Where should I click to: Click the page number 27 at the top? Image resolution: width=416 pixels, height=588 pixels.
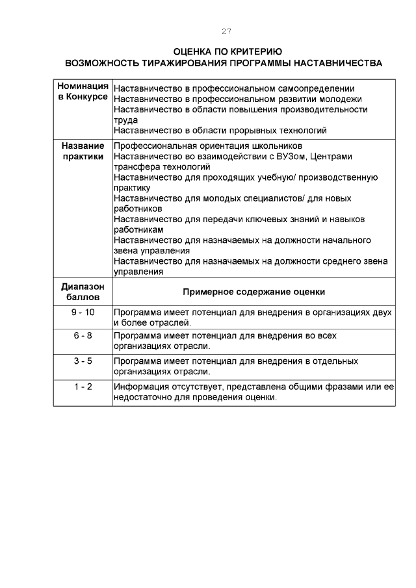click(x=226, y=31)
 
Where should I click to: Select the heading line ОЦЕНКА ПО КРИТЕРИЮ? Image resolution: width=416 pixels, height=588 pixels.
click(x=227, y=52)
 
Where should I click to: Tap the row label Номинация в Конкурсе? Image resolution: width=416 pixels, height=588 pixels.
click(x=83, y=92)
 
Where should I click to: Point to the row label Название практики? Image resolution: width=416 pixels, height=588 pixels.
click(x=83, y=151)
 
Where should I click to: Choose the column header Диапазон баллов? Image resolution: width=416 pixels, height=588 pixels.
click(x=83, y=292)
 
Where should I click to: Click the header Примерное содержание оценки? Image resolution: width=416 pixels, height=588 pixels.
click(x=253, y=292)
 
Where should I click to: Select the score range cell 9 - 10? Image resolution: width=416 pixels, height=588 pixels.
click(x=83, y=313)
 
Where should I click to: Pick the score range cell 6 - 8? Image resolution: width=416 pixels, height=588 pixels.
click(x=83, y=335)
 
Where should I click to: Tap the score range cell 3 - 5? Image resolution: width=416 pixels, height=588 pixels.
click(x=83, y=361)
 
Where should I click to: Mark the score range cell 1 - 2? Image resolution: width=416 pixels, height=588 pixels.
click(x=83, y=387)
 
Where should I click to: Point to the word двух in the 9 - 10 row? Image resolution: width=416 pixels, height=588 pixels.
click(x=382, y=313)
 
